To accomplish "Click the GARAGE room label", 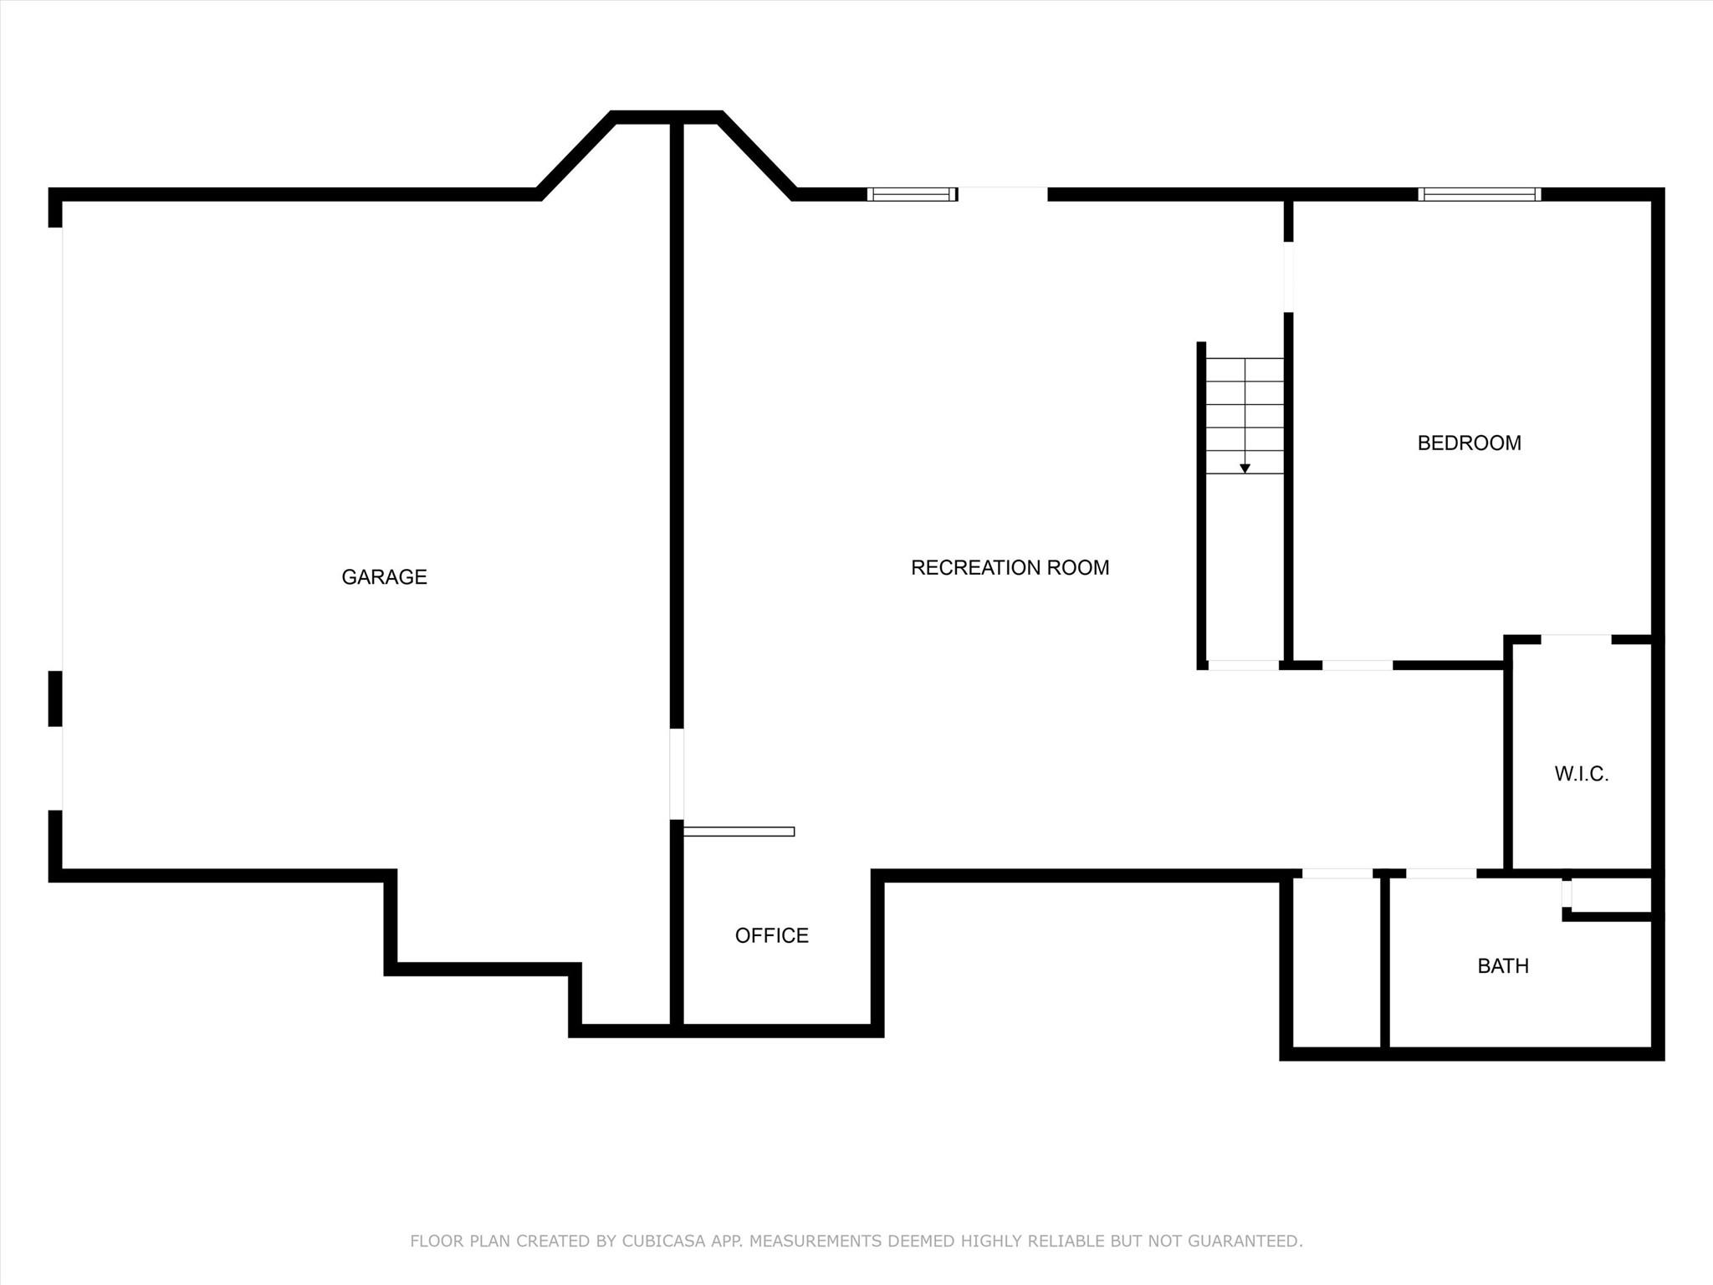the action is coord(384,576).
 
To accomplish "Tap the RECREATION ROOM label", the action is coord(1010,567).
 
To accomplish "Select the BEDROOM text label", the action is coord(1469,443).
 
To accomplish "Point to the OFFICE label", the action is coord(771,935).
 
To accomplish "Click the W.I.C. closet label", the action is coord(1581,774).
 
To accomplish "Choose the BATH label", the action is coord(1503,965).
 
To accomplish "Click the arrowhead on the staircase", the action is coord(1245,468).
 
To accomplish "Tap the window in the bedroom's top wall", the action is coord(1480,194).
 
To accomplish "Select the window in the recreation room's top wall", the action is coord(912,194).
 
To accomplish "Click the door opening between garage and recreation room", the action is coord(677,774).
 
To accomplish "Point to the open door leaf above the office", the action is coord(739,832).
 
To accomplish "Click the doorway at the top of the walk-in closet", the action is coord(1576,640).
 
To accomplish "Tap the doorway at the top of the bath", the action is coord(1440,874).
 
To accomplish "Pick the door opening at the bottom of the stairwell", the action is coord(1243,665).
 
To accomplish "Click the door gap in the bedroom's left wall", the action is coord(1289,277).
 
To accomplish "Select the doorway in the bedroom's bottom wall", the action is coord(1357,665).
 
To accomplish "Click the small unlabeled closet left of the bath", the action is coord(1337,962).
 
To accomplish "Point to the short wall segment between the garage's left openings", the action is coord(55,699).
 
